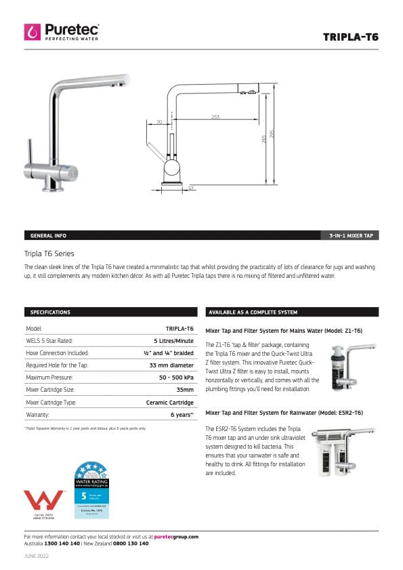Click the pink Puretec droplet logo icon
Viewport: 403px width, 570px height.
pyautogui.click(x=32, y=32)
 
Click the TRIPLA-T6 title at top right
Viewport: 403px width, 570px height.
pyautogui.click(x=350, y=37)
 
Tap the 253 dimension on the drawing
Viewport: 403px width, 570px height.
pyautogui.click(x=215, y=117)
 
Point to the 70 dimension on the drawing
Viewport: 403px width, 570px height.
pyautogui.click(x=159, y=122)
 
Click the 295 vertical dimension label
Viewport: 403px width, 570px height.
pyautogui.click(x=272, y=134)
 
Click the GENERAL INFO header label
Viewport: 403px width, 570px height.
pyautogui.click(x=49, y=235)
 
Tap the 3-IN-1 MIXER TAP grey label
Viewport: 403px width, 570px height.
pyautogui.click(x=349, y=235)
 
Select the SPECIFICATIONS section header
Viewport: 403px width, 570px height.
pyautogui.click(x=51, y=312)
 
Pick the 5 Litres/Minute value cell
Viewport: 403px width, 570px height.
pyautogui.click(x=173, y=340)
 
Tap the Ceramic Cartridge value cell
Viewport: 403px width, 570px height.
pyautogui.click(x=170, y=402)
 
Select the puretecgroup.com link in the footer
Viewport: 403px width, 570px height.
pyautogui.click(x=176, y=536)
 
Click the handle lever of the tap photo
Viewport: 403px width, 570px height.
pyautogui.click(x=30, y=152)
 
